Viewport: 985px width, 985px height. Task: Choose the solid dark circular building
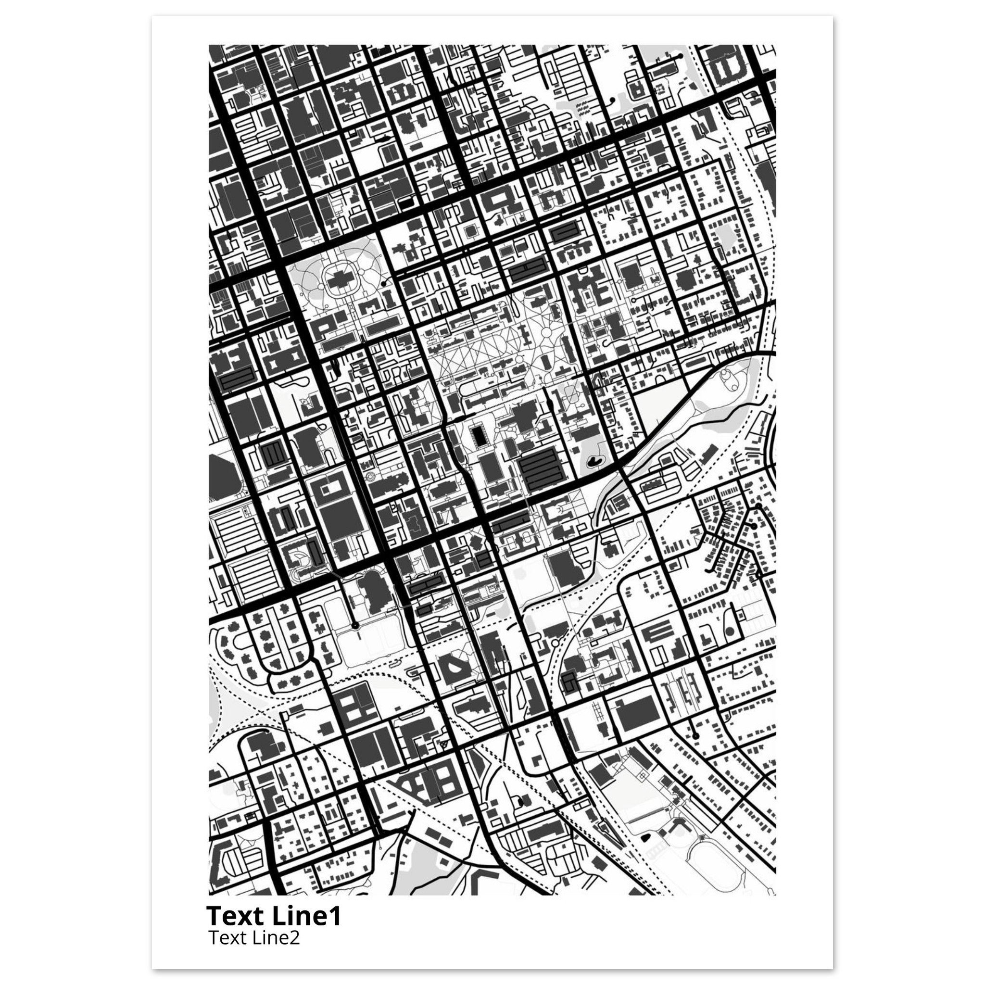coord(730,632)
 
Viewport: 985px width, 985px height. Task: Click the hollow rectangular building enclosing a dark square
coord(331,485)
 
